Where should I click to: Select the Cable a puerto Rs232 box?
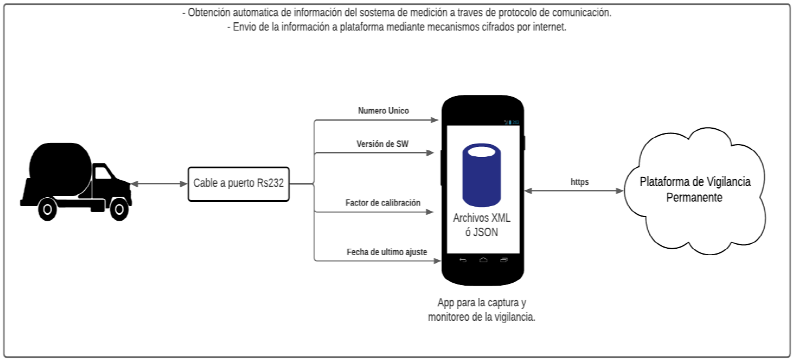coord(238,184)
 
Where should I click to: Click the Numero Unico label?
coord(384,111)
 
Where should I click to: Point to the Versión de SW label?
coord(383,144)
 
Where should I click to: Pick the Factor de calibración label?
coord(383,203)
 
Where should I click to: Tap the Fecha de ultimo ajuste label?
coord(386,252)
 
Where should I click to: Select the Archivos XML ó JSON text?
coord(482,225)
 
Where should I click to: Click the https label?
coord(580,182)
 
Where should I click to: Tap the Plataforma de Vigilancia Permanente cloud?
coord(694,189)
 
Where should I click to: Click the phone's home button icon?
coord(483,259)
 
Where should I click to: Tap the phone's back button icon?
coord(463,259)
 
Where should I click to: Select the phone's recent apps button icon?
coord(504,259)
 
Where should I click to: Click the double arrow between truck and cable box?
coord(158,184)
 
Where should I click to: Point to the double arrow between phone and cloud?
coord(574,191)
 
